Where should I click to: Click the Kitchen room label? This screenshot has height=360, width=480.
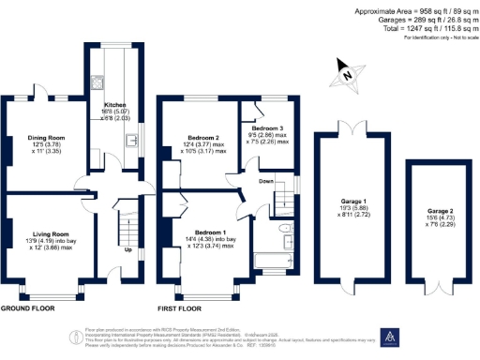coord(114,106)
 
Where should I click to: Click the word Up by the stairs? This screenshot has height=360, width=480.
coord(128,249)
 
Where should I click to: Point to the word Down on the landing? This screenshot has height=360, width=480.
coord(266,182)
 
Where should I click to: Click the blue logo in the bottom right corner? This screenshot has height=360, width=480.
coord(388,337)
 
